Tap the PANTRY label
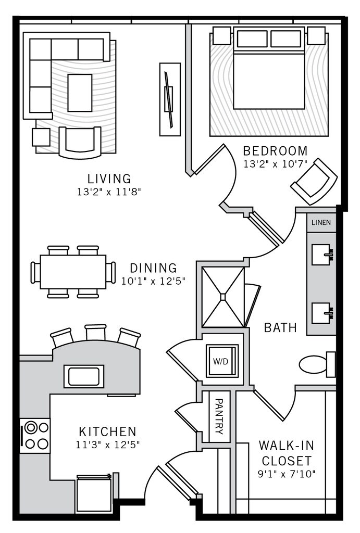pyautogui.click(x=219, y=416)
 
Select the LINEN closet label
pyautogui.click(x=320, y=222)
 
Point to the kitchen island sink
pyautogui.click(x=84, y=376)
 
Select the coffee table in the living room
pyautogui.click(x=80, y=92)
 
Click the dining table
pyautogui.click(x=73, y=272)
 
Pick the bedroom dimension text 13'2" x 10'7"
pyautogui.click(x=276, y=163)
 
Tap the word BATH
pyautogui.click(x=280, y=328)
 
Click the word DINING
pyautogui.click(x=153, y=269)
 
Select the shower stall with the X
pyautogui.click(x=222, y=297)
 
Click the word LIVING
pyautogui.click(x=109, y=179)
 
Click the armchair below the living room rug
pyautogui.click(x=80, y=142)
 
